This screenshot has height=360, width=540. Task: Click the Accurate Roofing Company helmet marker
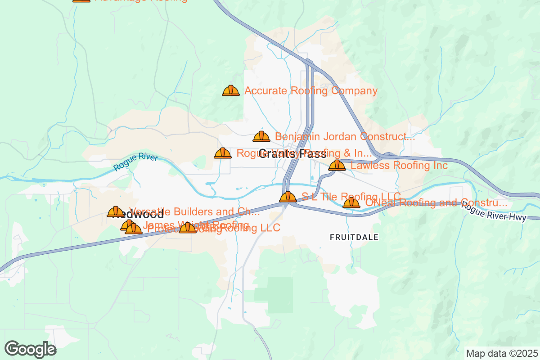(x=231, y=91)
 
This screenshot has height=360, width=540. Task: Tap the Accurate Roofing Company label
(x=310, y=91)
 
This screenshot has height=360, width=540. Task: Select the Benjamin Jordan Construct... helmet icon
(x=261, y=136)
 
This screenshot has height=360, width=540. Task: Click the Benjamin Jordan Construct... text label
(x=345, y=136)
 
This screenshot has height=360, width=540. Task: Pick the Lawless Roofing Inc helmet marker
(x=337, y=166)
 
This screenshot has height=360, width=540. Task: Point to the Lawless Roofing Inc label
(x=399, y=166)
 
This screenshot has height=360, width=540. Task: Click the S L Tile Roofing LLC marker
(x=288, y=197)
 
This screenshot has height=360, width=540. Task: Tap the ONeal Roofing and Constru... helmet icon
(x=351, y=203)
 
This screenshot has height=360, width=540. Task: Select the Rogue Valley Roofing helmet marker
(x=223, y=153)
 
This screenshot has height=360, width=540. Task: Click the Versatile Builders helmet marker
(x=116, y=211)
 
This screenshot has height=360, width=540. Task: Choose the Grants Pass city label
(x=292, y=154)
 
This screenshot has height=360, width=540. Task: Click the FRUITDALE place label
(x=354, y=237)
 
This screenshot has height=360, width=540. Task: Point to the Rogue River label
(x=135, y=162)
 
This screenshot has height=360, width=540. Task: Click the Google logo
(x=31, y=349)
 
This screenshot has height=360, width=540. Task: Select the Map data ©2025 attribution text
(x=501, y=353)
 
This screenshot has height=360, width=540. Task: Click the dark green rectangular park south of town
(x=280, y=294)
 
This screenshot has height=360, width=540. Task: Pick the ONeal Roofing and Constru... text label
(x=436, y=203)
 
